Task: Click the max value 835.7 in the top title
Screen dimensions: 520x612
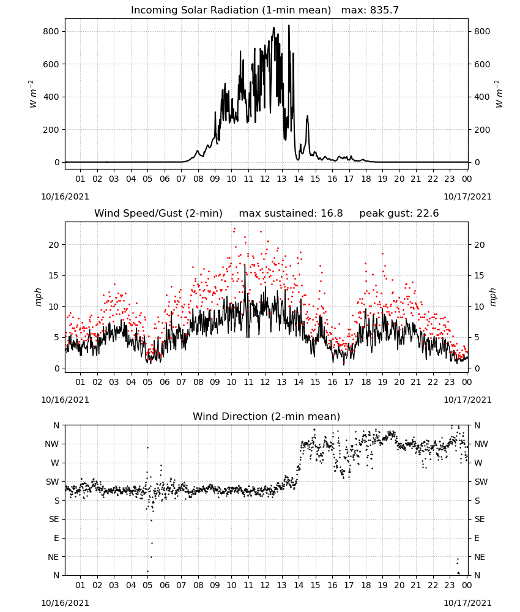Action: (384, 10)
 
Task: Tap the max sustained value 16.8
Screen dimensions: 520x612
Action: (332, 214)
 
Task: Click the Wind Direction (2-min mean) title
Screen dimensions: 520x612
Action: (267, 416)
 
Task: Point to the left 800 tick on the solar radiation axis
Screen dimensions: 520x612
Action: (51, 32)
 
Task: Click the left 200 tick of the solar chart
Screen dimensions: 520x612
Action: (51, 130)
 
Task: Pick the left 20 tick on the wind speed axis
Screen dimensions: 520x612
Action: (54, 245)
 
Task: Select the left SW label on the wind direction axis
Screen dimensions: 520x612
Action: (52, 482)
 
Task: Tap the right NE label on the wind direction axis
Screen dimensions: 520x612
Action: (480, 557)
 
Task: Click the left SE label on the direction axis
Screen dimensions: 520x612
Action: (54, 519)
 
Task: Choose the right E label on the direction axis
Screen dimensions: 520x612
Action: (477, 538)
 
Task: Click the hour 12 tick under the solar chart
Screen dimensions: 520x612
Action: (265, 179)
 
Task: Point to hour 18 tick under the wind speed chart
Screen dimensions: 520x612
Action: (366, 382)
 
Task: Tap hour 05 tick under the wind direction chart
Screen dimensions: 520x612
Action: (147, 585)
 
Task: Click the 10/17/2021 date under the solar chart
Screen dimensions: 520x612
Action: (467, 196)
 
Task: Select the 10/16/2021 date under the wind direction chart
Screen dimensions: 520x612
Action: (65, 603)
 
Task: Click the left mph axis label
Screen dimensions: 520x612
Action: (38, 297)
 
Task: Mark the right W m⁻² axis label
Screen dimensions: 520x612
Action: (499, 94)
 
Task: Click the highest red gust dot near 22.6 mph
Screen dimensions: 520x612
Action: (234, 229)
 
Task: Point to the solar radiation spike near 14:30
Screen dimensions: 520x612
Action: (307, 116)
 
